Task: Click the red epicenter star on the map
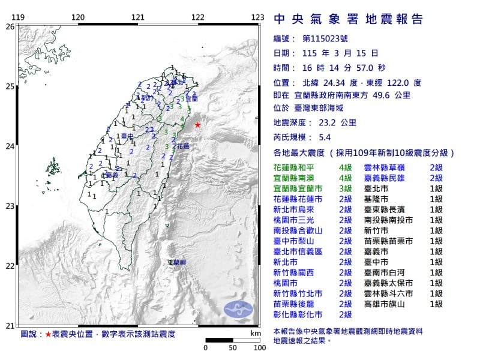point(197,125)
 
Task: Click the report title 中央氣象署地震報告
point(348,19)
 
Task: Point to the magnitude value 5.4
point(326,137)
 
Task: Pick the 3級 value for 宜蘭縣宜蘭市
point(345,188)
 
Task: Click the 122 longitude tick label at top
point(198,17)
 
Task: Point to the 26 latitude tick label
point(9,26)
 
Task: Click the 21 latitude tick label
point(9,326)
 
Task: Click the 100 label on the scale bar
point(259,347)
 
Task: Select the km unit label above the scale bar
point(256,332)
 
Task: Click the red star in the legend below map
point(48,333)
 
